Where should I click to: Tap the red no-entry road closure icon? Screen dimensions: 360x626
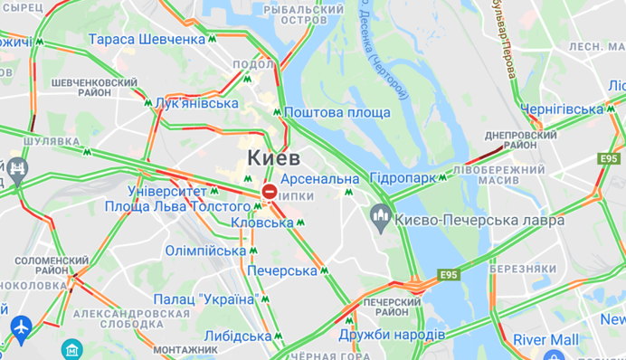[x=270, y=192]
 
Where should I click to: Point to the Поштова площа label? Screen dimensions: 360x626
[x=337, y=112]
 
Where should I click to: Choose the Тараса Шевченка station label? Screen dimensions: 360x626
[x=147, y=40]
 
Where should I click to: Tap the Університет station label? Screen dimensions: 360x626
[x=167, y=192]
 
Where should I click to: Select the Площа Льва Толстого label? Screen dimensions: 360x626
[x=176, y=207]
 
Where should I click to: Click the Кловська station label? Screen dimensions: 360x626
[x=262, y=223]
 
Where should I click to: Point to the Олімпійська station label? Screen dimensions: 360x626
[x=205, y=250]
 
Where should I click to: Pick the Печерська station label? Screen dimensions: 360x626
[x=281, y=270]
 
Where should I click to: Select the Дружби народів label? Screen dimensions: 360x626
[x=391, y=335]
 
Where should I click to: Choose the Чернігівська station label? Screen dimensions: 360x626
[x=562, y=109]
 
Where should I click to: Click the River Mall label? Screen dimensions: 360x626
[x=545, y=339]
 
